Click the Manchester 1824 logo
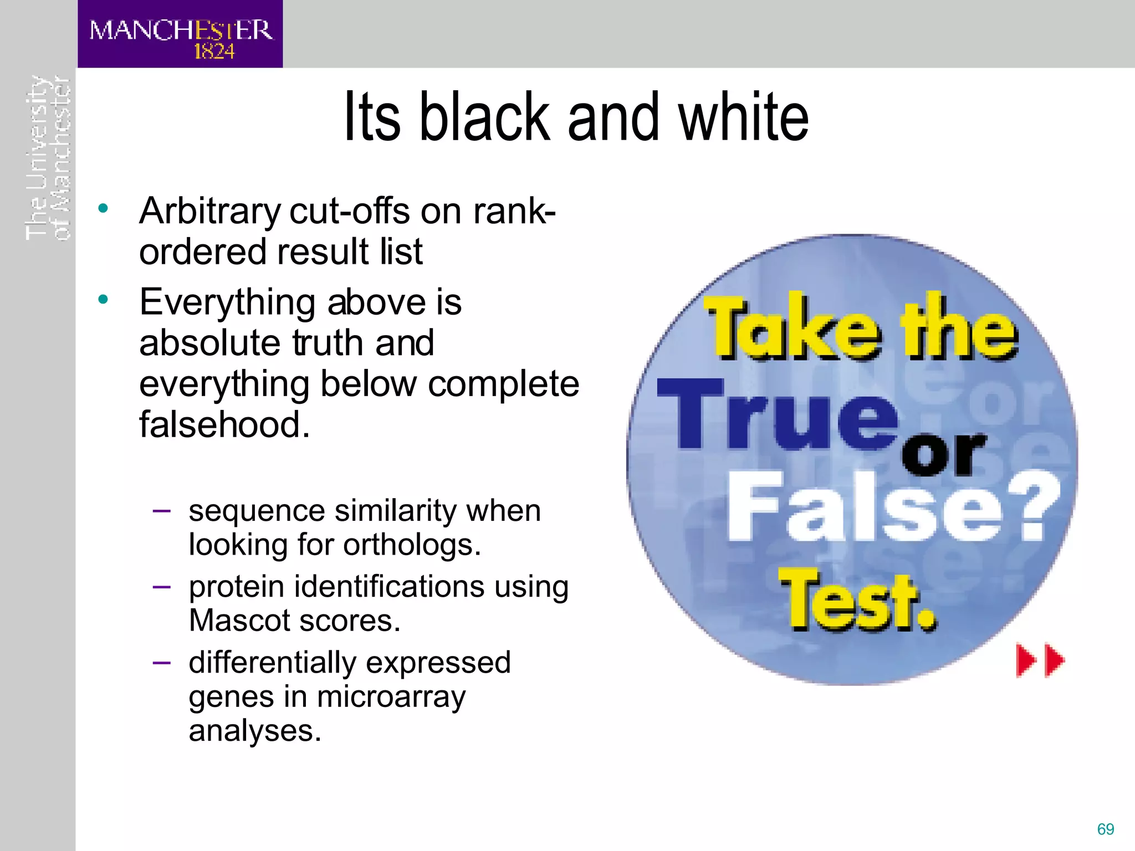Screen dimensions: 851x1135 point(180,34)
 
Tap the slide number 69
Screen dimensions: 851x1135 point(1105,829)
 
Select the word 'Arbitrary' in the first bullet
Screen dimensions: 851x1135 point(210,213)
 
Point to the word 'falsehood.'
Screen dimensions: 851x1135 point(224,424)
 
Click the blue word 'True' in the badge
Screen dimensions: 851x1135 point(776,416)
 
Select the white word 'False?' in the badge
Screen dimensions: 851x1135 point(892,507)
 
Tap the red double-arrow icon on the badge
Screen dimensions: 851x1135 point(1040,660)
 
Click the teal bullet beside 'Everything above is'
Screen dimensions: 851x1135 point(103,300)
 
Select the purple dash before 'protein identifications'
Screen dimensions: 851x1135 point(161,586)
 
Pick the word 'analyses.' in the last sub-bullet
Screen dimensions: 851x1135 point(255,731)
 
